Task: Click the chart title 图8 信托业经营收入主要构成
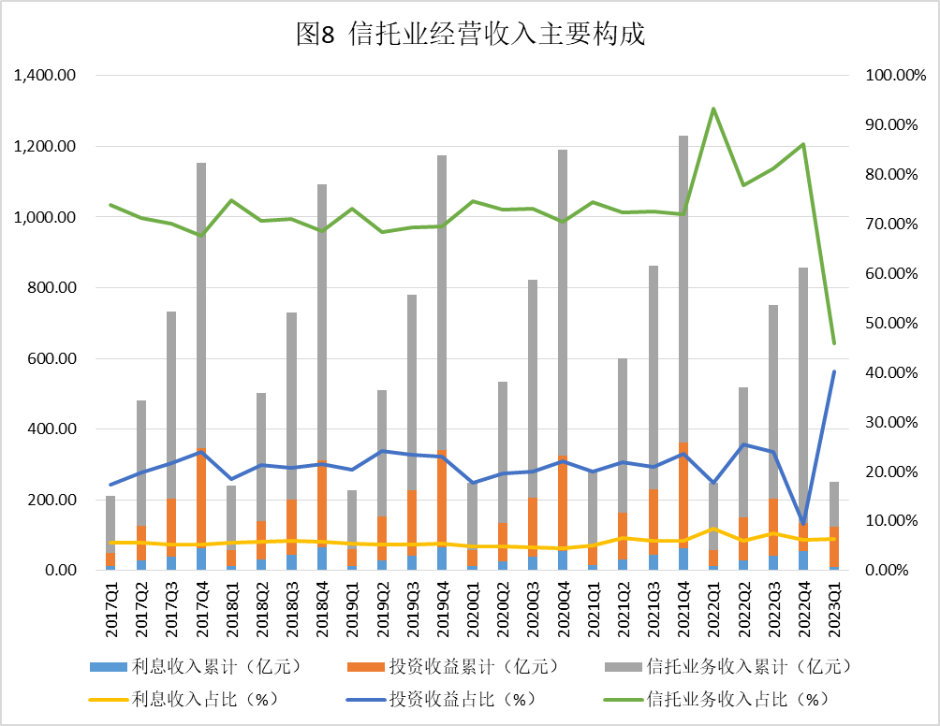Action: click(x=470, y=35)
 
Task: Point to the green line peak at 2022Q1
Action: click(x=713, y=109)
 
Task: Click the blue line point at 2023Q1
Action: click(x=834, y=371)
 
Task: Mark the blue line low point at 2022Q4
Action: click(x=803, y=523)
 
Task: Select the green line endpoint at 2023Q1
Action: click(x=834, y=343)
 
